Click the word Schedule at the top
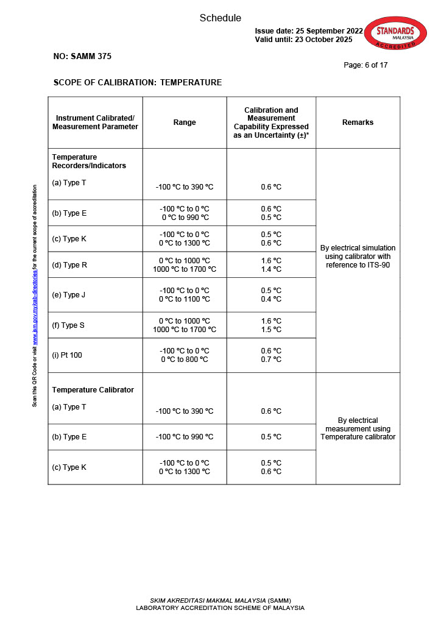pyautogui.click(x=220, y=18)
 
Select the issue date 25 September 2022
pyautogui.click(x=309, y=31)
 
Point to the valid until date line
pyautogui.click(x=303, y=40)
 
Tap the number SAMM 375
pyautogui.click(x=82, y=57)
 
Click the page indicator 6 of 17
pyautogui.click(x=365, y=65)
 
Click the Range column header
pyautogui.click(x=185, y=122)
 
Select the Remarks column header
pyautogui.click(x=358, y=122)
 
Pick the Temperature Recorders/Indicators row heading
pyautogui.click(x=89, y=161)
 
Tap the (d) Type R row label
pyautogui.click(x=69, y=265)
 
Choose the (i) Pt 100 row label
pyautogui.click(x=67, y=355)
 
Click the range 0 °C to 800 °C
pyautogui.click(x=185, y=360)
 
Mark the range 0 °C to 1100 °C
pyautogui.click(x=185, y=299)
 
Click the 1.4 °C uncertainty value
pyautogui.click(x=271, y=269)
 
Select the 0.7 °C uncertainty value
pyautogui.click(x=271, y=360)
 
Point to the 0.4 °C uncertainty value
pyautogui.click(x=271, y=299)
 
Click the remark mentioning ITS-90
pyautogui.click(x=358, y=257)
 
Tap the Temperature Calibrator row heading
pyautogui.click(x=93, y=390)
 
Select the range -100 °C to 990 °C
pyautogui.click(x=185, y=437)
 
